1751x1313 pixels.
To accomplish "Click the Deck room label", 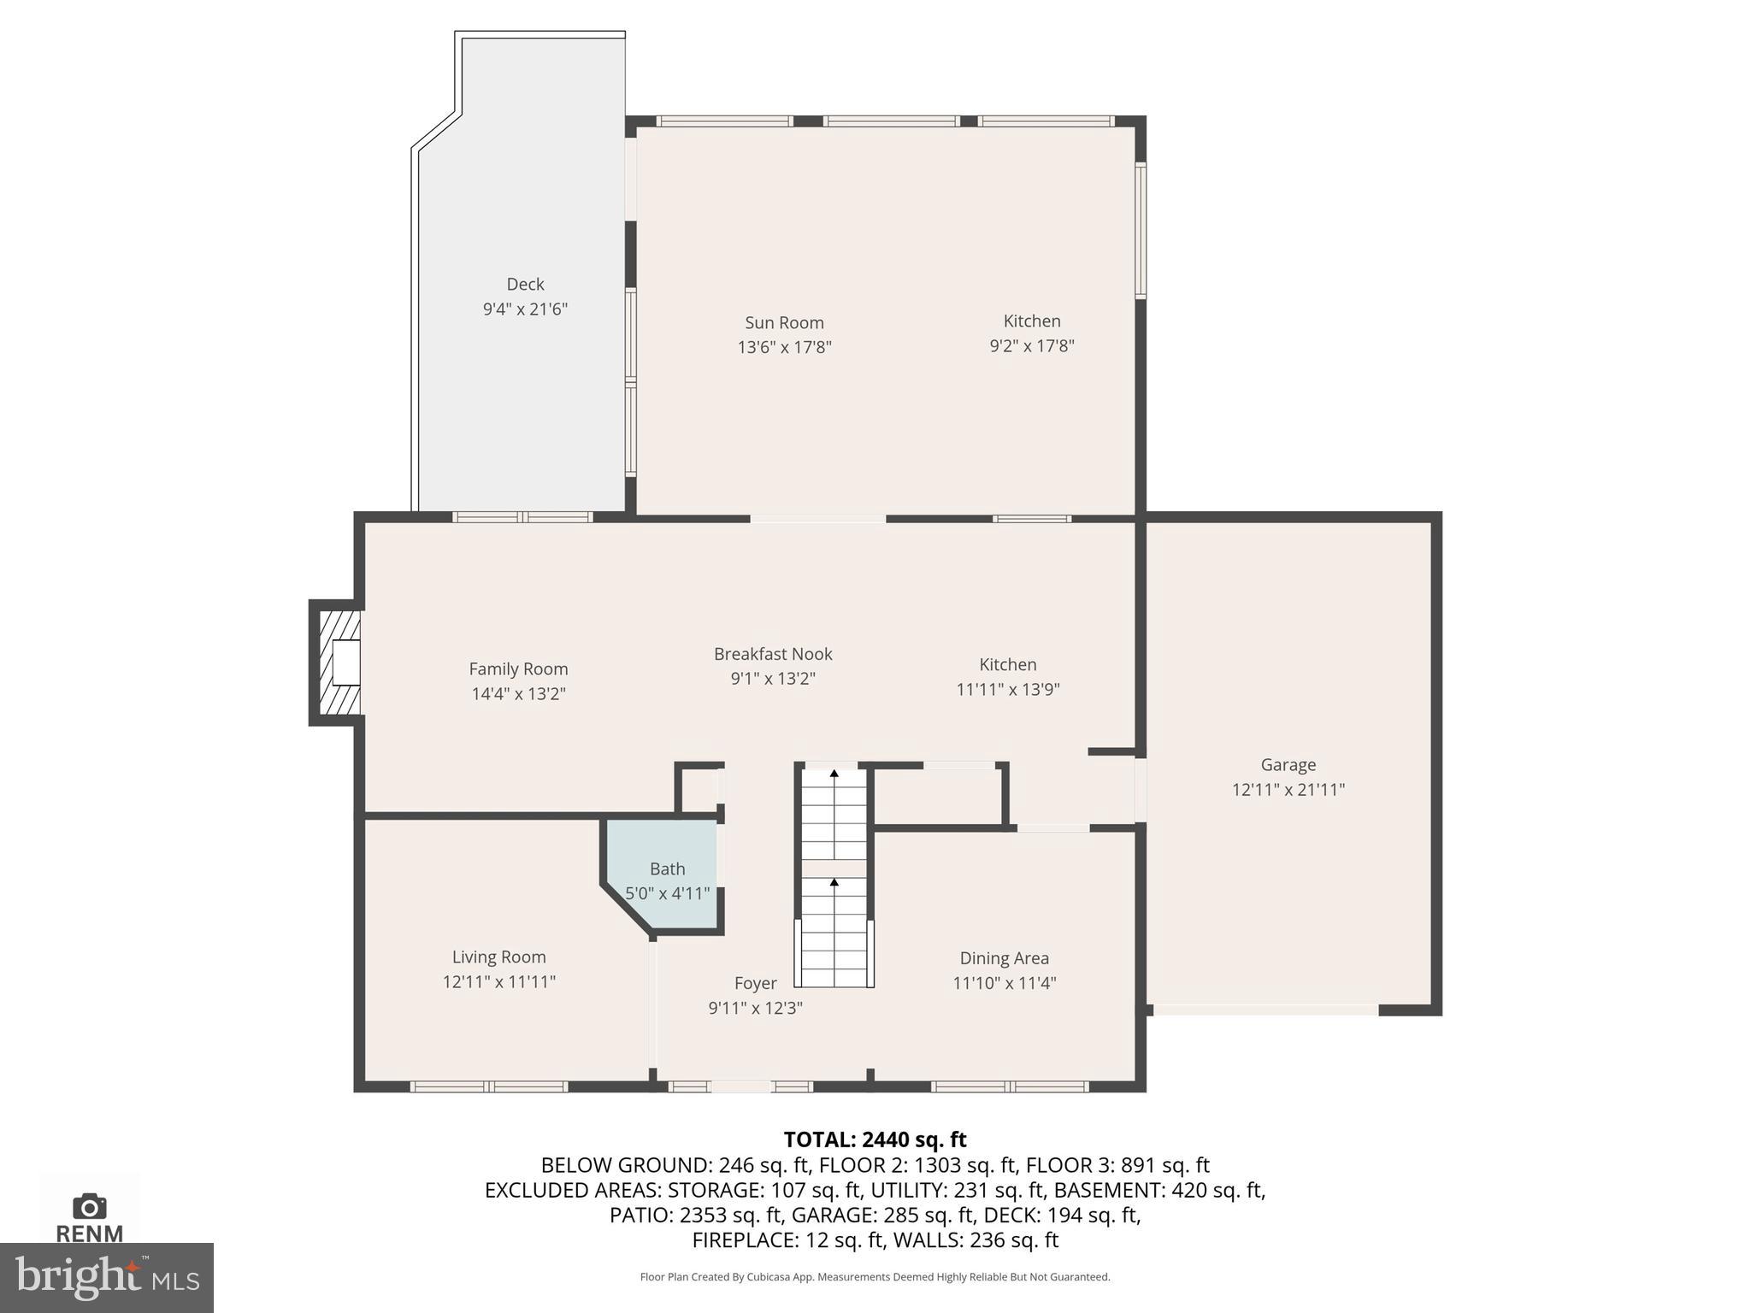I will coord(525,284).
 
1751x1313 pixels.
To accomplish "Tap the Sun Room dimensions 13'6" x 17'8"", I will coord(784,347).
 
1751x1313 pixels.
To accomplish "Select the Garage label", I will coord(1288,765).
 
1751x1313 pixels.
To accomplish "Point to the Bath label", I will coord(667,868).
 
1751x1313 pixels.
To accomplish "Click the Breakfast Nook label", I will coord(773,654).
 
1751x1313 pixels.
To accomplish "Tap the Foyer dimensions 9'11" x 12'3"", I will coord(755,1008).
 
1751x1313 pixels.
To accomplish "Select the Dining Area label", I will coord(1004,958).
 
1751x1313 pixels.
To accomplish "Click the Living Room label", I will coord(498,957).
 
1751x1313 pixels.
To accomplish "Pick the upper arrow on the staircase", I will coord(834,774).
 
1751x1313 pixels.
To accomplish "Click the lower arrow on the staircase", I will coord(834,882).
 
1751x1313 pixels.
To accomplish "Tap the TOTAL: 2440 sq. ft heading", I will coord(875,1139).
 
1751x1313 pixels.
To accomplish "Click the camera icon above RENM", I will coord(90,1207).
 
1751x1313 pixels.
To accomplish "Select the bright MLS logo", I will coord(107,1278).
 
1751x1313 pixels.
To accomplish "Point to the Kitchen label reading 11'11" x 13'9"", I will coord(1007,665).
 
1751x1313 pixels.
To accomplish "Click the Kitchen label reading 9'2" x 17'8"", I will coord(1031,321).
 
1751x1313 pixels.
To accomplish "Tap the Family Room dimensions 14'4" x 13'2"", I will coord(518,693).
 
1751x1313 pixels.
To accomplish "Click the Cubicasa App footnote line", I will coord(875,1277).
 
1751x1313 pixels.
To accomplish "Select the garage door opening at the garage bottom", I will coord(1265,1010).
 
